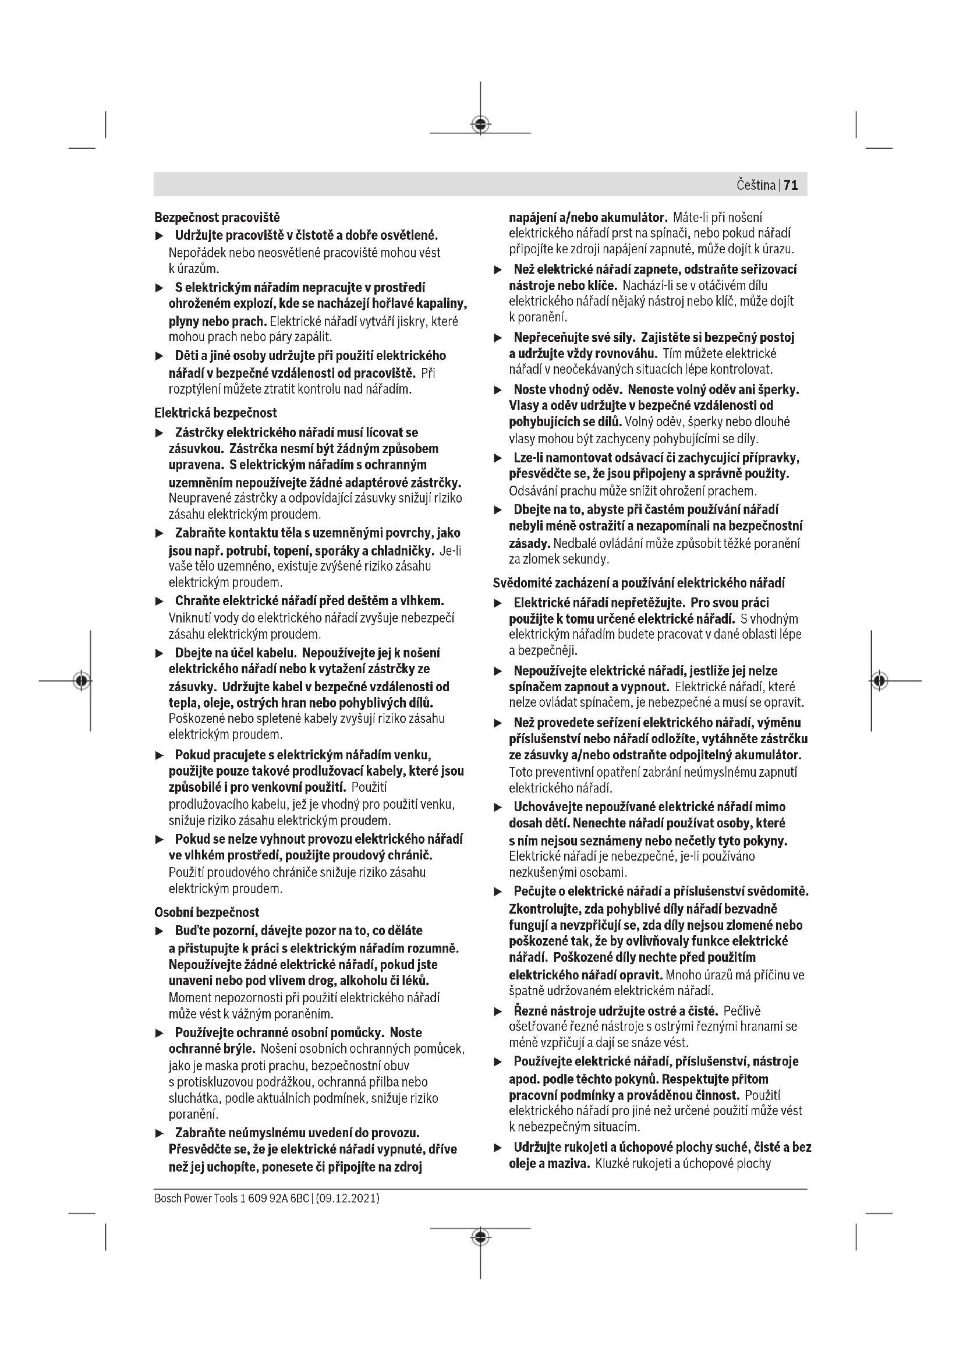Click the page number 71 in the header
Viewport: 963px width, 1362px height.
[791, 185]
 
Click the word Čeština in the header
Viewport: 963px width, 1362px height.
[756, 185]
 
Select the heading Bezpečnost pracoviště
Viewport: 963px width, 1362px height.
[217, 218]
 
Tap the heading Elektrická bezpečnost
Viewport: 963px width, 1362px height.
[216, 412]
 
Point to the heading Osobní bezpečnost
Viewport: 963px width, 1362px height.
[207, 912]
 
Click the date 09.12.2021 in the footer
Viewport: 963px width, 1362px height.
[348, 1198]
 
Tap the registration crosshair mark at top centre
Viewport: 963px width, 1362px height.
[480, 124]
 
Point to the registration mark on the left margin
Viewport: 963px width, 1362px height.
[82, 680]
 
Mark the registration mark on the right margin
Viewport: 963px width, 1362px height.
[880, 680]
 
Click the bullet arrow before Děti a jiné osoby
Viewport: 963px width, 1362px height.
[159, 356]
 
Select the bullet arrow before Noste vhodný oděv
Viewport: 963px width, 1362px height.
[498, 391]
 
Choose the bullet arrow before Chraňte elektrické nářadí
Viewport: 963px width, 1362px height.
[159, 602]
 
